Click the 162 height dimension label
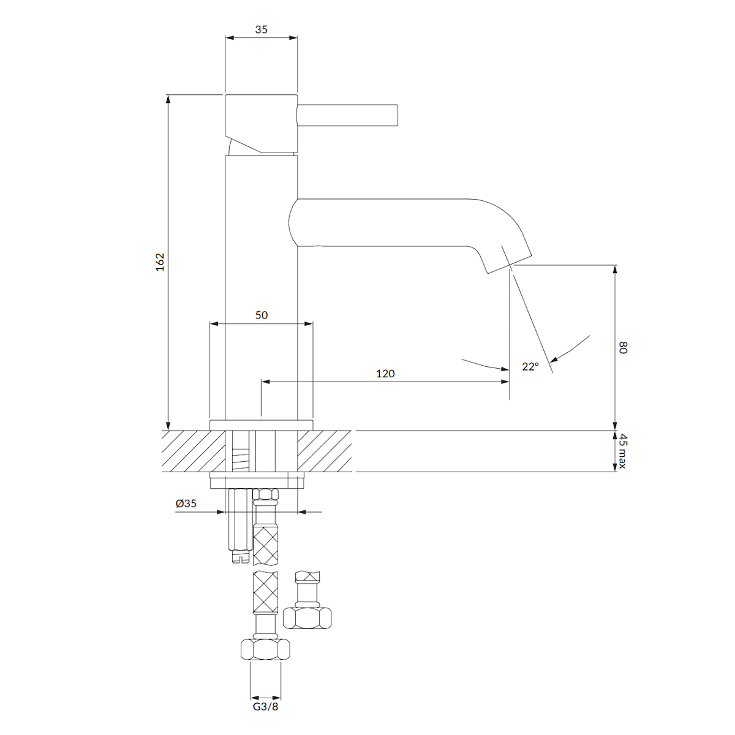click(x=160, y=262)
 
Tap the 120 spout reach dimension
click(x=385, y=374)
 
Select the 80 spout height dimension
click(x=622, y=347)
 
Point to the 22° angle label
click(x=530, y=366)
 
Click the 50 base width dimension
click(x=262, y=315)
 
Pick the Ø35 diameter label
click(x=186, y=503)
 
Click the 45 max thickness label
click(x=622, y=451)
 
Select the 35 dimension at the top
click(x=262, y=29)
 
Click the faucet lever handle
click(x=347, y=115)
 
